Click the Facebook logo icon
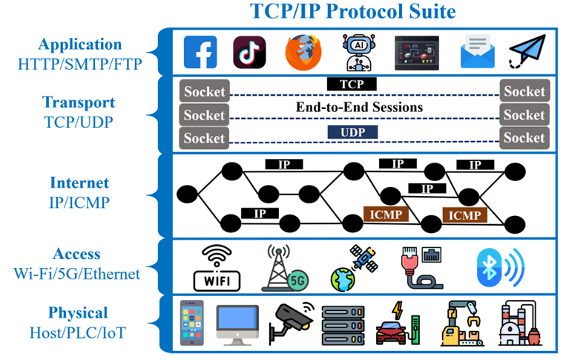tap(200, 52)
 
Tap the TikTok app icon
tap(249, 52)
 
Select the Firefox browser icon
tap(303, 53)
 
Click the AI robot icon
tap(359, 53)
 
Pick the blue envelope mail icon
tap(478, 51)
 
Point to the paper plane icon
tap(527, 51)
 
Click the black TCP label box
tap(352, 84)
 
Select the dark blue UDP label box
tap(352, 132)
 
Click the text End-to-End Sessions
tap(359, 107)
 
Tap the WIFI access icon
tap(217, 268)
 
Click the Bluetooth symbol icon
tap(501, 268)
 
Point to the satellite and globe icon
tap(354, 268)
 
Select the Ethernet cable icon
tap(421, 268)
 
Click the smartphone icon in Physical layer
tap(191, 323)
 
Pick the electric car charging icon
tap(398, 324)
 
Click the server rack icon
tap(343, 325)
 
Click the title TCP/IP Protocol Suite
tap(353, 11)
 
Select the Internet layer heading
tap(79, 183)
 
